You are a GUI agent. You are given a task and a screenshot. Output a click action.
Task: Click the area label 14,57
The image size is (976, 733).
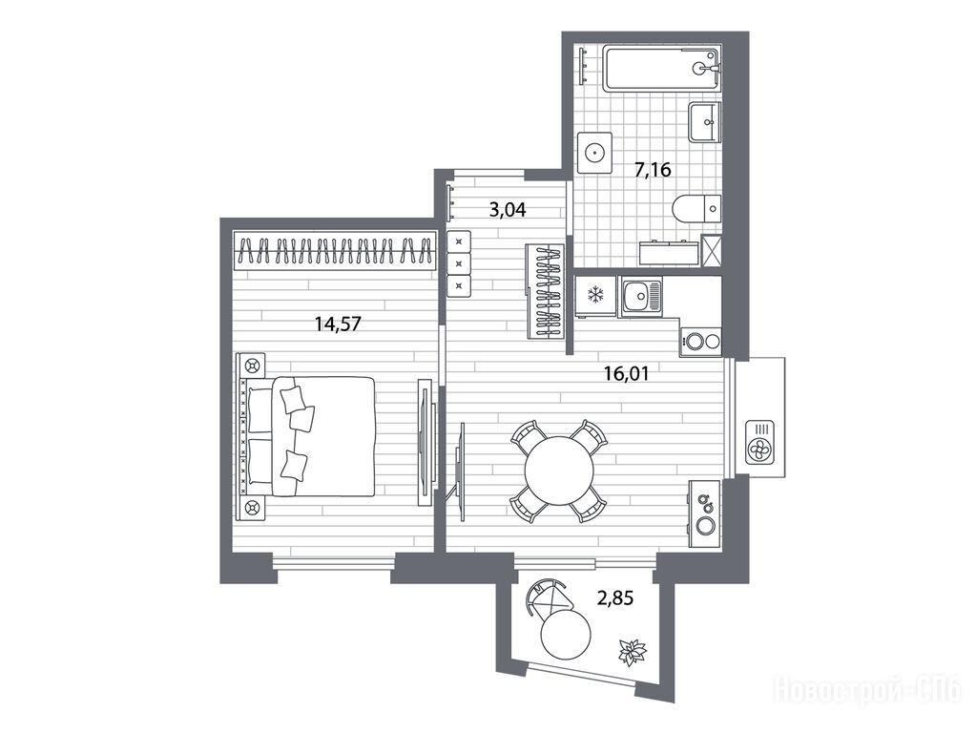tap(338, 324)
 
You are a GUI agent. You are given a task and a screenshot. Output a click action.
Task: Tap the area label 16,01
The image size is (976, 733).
tap(626, 374)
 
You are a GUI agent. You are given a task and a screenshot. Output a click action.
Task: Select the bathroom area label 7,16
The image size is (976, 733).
tap(653, 169)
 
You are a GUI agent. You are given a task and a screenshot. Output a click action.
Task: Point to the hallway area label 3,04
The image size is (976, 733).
tap(508, 210)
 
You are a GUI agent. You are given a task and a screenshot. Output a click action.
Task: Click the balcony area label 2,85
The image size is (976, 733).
tap(615, 598)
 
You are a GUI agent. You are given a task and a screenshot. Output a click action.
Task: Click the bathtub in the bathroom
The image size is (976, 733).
tap(662, 67)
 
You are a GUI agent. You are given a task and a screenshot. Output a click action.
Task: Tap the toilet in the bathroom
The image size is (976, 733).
tap(697, 207)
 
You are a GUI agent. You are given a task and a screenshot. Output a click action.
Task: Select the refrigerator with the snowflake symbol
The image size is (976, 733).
tap(595, 297)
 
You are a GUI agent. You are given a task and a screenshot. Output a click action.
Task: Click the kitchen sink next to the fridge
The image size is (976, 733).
tap(640, 297)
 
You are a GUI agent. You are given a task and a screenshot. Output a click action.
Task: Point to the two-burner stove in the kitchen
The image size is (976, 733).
tap(701, 342)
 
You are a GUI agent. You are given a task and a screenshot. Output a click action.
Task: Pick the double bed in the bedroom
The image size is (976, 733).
tap(307, 435)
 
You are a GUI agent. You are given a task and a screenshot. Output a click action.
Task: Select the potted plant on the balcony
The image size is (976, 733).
tap(633, 652)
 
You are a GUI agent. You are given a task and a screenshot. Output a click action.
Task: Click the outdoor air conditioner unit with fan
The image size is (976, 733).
tap(760, 442)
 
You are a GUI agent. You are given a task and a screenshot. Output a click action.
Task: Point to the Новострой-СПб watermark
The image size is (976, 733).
tap(867, 691)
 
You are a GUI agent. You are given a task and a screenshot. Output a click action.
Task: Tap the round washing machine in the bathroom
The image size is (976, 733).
tap(594, 152)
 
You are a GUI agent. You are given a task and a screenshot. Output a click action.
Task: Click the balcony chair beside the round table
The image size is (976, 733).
tap(548, 596)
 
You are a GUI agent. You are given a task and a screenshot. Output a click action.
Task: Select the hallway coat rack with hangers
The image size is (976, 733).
tap(546, 291)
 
